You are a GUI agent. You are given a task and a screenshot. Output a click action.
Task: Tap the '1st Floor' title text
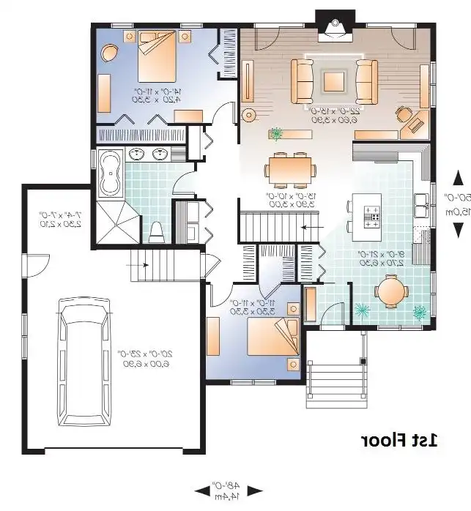(398, 440)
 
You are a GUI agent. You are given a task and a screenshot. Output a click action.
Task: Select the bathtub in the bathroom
(112, 173)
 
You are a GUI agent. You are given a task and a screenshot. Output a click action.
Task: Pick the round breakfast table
(393, 291)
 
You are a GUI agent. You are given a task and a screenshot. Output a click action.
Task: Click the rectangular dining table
(291, 170)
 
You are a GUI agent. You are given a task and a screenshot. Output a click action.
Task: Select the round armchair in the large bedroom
(110, 52)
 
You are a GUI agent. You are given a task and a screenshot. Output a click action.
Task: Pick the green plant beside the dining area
(276, 135)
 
